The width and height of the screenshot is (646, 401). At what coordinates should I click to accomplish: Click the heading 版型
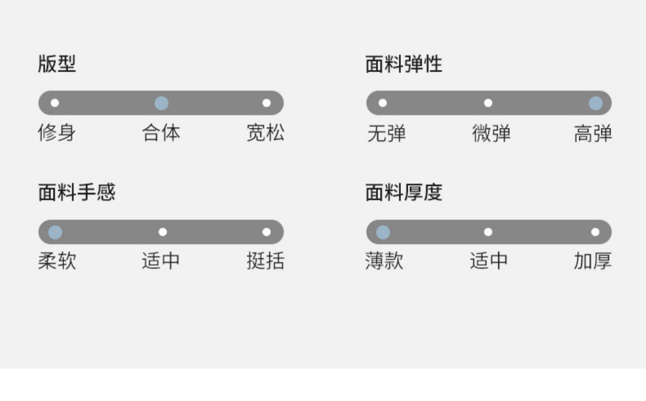[57, 64]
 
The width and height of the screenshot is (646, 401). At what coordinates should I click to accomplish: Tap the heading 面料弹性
[404, 64]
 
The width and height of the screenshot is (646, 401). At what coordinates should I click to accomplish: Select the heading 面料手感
[77, 192]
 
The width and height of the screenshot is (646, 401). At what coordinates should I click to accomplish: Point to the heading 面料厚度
[404, 192]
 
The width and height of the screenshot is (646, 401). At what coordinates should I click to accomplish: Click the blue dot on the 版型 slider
[161, 103]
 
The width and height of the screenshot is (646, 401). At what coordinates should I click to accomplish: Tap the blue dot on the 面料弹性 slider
[596, 103]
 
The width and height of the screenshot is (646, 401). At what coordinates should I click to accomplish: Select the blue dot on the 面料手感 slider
[55, 232]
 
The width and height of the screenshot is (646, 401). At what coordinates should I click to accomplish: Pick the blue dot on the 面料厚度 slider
[383, 232]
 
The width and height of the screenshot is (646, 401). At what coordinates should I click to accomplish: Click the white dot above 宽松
[267, 103]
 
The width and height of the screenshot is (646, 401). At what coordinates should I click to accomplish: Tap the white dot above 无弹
[382, 103]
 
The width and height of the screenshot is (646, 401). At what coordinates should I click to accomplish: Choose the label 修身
[57, 133]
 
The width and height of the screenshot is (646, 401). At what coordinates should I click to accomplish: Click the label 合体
[161, 133]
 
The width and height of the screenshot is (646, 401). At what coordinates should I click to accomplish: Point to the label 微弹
[491, 133]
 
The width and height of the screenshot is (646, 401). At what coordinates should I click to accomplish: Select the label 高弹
[593, 133]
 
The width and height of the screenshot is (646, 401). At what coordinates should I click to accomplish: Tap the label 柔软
[57, 261]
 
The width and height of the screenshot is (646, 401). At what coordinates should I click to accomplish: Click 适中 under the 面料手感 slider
[161, 261]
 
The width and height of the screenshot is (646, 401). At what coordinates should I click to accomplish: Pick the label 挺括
[265, 261]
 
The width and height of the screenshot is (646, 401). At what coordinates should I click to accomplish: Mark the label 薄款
[384, 261]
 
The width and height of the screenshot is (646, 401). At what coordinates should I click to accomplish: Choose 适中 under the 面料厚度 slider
[488, 261]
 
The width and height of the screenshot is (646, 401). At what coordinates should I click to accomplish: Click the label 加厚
[593, 261]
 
